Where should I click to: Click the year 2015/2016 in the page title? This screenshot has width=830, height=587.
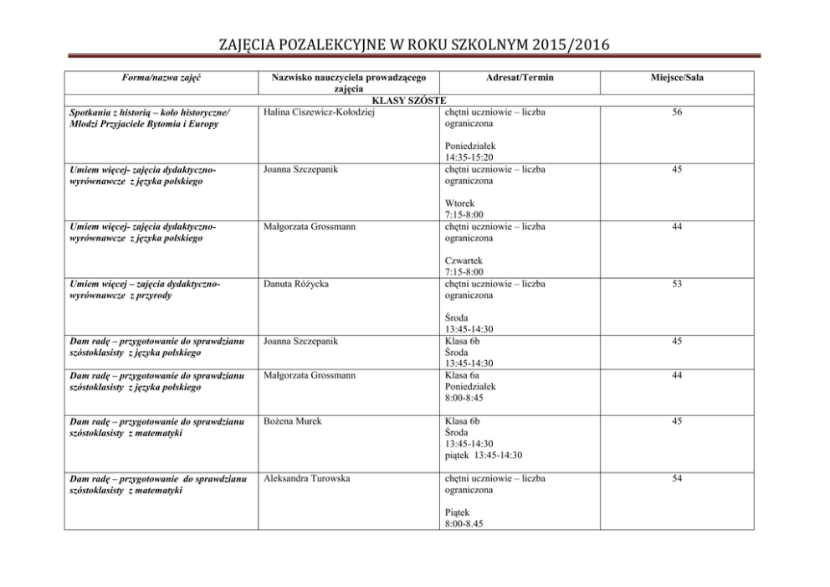tap(566, 44)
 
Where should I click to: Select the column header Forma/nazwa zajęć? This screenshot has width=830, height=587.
tap(164, 77)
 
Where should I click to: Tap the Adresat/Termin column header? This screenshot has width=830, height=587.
tap(520, 77)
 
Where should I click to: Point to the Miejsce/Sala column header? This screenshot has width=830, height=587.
tap(676, 77)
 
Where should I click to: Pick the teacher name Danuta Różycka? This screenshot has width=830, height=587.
tap(295, 284)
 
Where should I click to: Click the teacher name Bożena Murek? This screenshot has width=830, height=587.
tap(292, 420)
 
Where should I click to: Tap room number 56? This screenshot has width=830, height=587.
tap(676, 111)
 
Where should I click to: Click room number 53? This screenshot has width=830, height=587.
tap(676, 284)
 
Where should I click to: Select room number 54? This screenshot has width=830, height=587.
tap(676, 478)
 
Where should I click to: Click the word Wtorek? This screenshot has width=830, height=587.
tap(459, 202)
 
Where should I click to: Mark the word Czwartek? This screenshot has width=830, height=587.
tap(464, 260)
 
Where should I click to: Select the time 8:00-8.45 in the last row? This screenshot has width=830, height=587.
tap(464, 523)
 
